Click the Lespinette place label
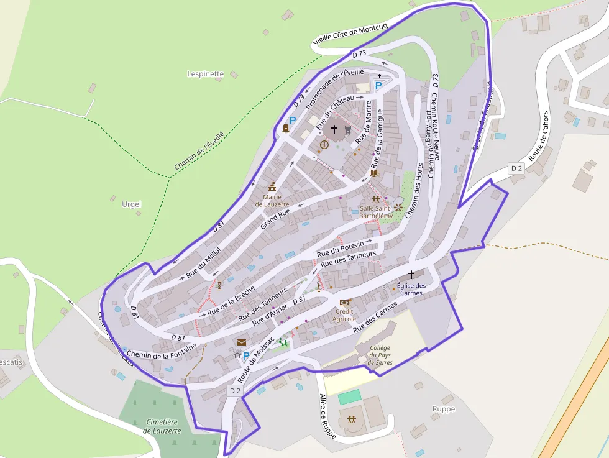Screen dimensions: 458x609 [205, 74]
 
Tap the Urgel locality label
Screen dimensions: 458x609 [131, 204]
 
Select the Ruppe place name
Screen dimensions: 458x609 [444, 409]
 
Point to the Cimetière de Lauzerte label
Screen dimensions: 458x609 [162, 426]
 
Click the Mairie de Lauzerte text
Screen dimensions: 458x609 [272, 200]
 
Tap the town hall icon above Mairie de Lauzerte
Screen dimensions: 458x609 [272, 186]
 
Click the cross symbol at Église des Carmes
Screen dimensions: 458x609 [411, 274]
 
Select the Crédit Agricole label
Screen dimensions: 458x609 [344, 315]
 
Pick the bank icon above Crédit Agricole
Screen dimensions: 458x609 [344, 303]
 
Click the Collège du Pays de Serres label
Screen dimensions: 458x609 [380, 355]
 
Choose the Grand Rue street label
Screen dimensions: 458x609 [275, 219]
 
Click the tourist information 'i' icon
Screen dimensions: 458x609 [323, 145]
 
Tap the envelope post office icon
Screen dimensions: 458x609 [241, 342]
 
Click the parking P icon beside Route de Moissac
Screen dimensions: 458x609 [246, 357]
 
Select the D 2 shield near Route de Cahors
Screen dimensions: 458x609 [516, 168]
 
